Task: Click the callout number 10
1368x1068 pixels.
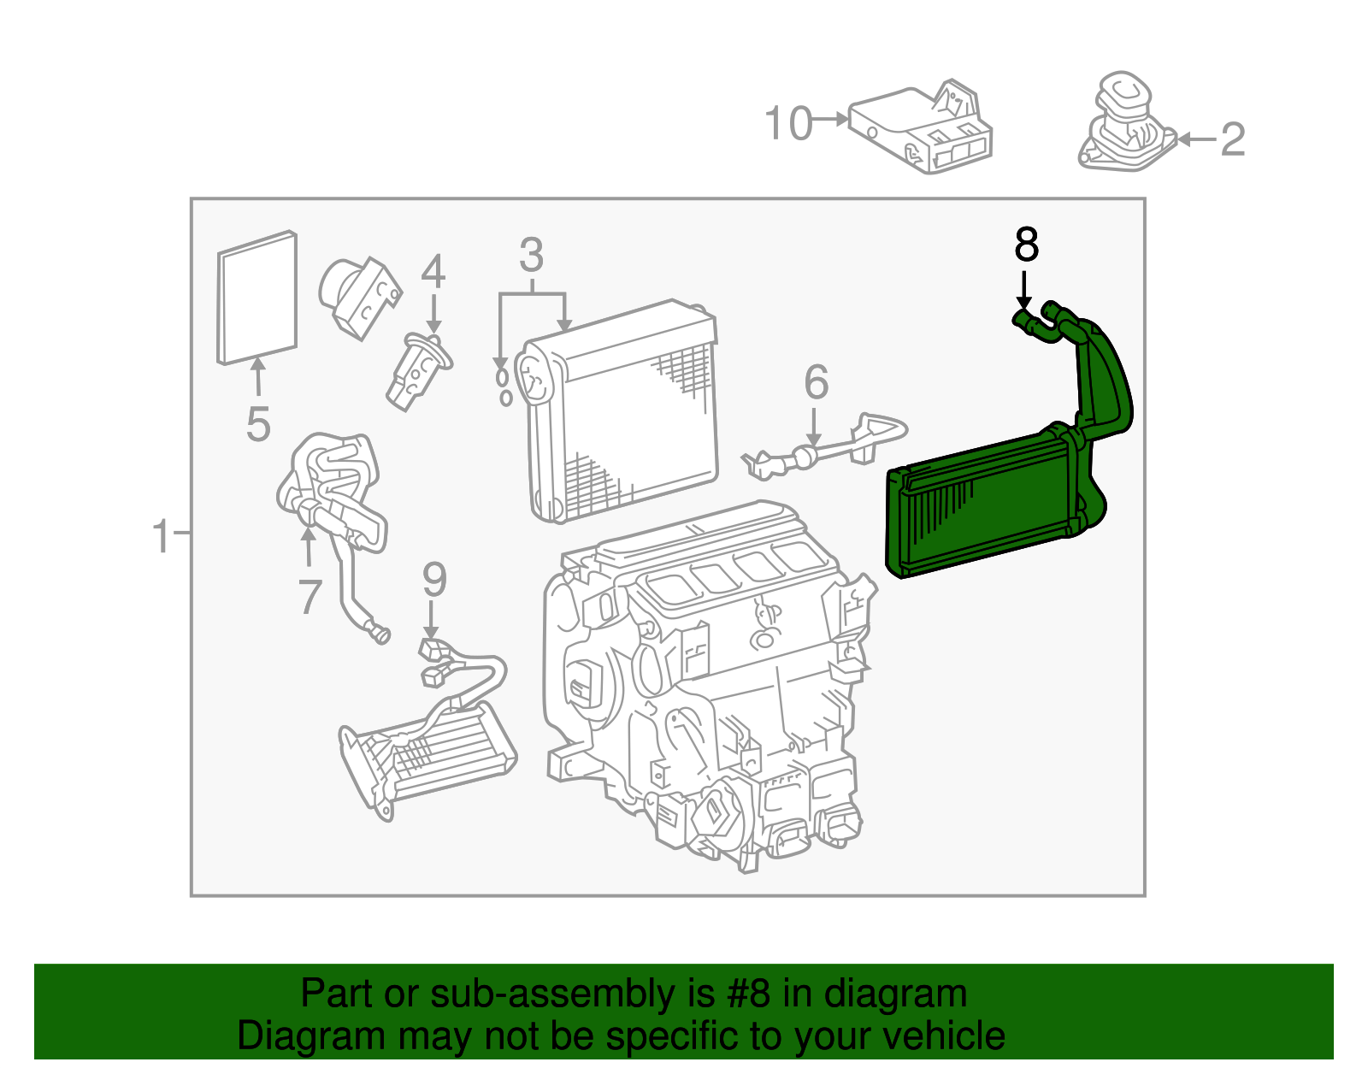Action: [x=787, y=123]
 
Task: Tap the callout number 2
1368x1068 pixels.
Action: [x=1232, y=139]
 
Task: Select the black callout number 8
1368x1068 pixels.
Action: [x=1026, y=245]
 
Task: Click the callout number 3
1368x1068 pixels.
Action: [x=531, y=256]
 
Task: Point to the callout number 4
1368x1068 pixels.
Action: [x=433, y=272]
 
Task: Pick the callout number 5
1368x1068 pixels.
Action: [x=257, y=424]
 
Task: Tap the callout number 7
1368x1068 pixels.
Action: [x=310, y=597]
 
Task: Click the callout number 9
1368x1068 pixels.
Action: [x=434, y=581]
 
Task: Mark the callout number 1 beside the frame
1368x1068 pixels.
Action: [x=161, y=537]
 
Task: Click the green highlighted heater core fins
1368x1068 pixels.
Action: [x=975, y=513]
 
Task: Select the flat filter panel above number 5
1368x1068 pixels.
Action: [x=256, y=297]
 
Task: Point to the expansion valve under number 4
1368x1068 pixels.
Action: [x=417, y=370]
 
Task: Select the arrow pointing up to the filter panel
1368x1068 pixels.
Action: [x=256, y=376]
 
